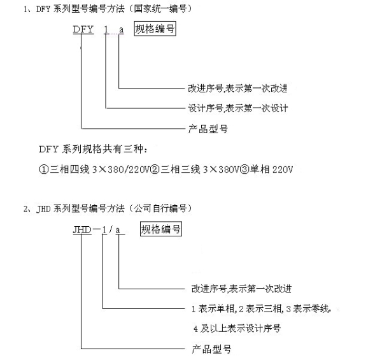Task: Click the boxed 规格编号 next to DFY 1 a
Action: tap(155, 29)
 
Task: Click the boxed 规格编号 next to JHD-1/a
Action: tap(161, 229)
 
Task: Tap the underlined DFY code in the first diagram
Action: tap(83, 29)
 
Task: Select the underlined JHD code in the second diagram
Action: tap(82, 230)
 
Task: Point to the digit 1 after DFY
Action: tap(106, 30)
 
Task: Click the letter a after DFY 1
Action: tap(122, 30)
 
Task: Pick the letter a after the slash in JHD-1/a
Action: tap(118, 230)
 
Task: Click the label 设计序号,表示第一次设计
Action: tap(237, 108)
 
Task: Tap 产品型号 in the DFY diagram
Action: tap(208, 129)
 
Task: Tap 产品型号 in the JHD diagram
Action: tap(211, 349)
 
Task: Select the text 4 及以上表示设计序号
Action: tap(237, 329)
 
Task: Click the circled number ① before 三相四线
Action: tap(44, 169)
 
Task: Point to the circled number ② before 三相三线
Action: tap(155, 169)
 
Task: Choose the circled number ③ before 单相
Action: tap(244, 169)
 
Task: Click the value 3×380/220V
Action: tap(120, 169)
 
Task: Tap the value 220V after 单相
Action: tap(283, 169)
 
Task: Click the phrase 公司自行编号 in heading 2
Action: tap(160, 208)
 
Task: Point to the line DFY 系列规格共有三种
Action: tap(93, 149)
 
